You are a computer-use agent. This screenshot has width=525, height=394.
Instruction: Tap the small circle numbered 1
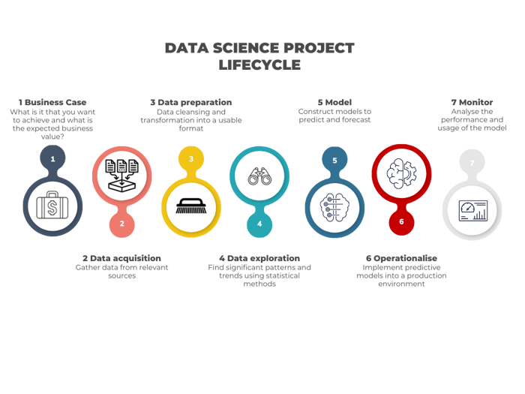click(x=52, y=159)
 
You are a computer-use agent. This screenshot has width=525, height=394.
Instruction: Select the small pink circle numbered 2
click(x=121, y=223)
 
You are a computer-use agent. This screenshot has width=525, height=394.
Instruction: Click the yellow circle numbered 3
click(x=190, y=159)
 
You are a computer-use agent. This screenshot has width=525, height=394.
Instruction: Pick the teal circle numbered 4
click(x=259, y=223)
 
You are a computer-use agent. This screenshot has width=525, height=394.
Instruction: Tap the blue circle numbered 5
click(x=334, y=160)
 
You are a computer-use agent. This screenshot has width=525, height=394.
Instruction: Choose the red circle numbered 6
click(x=401, y=221)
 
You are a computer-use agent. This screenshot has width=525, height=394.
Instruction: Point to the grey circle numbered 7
click(x=472, y=162)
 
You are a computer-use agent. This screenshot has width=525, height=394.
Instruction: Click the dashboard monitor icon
click(x=472, y=210)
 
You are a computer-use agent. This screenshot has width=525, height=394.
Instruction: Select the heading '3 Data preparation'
click(x=190, y=102)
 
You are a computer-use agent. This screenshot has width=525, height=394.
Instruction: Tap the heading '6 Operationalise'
click(x=401, y=257)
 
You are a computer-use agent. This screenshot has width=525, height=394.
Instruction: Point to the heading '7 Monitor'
click(x=471, y=102)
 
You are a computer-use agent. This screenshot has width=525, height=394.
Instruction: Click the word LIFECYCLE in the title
click(x=259, y=65)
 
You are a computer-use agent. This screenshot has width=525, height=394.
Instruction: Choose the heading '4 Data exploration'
click(x=259, y=257)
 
